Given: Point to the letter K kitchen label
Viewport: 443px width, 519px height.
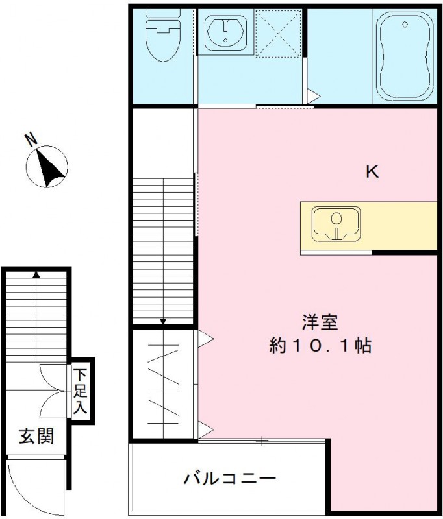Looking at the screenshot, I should click(372, 172).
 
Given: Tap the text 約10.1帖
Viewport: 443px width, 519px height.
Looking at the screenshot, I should click(320, 345).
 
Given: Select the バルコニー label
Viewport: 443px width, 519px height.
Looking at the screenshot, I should click(230, 479).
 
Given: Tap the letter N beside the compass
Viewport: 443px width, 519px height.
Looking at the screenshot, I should click(30, 138).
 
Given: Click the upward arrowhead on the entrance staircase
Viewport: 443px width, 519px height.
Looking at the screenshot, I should click(36, 274).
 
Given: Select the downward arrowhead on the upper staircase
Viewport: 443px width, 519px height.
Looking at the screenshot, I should click(163, 320).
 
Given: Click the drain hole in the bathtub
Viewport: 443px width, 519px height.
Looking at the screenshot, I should click(405, 25).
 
